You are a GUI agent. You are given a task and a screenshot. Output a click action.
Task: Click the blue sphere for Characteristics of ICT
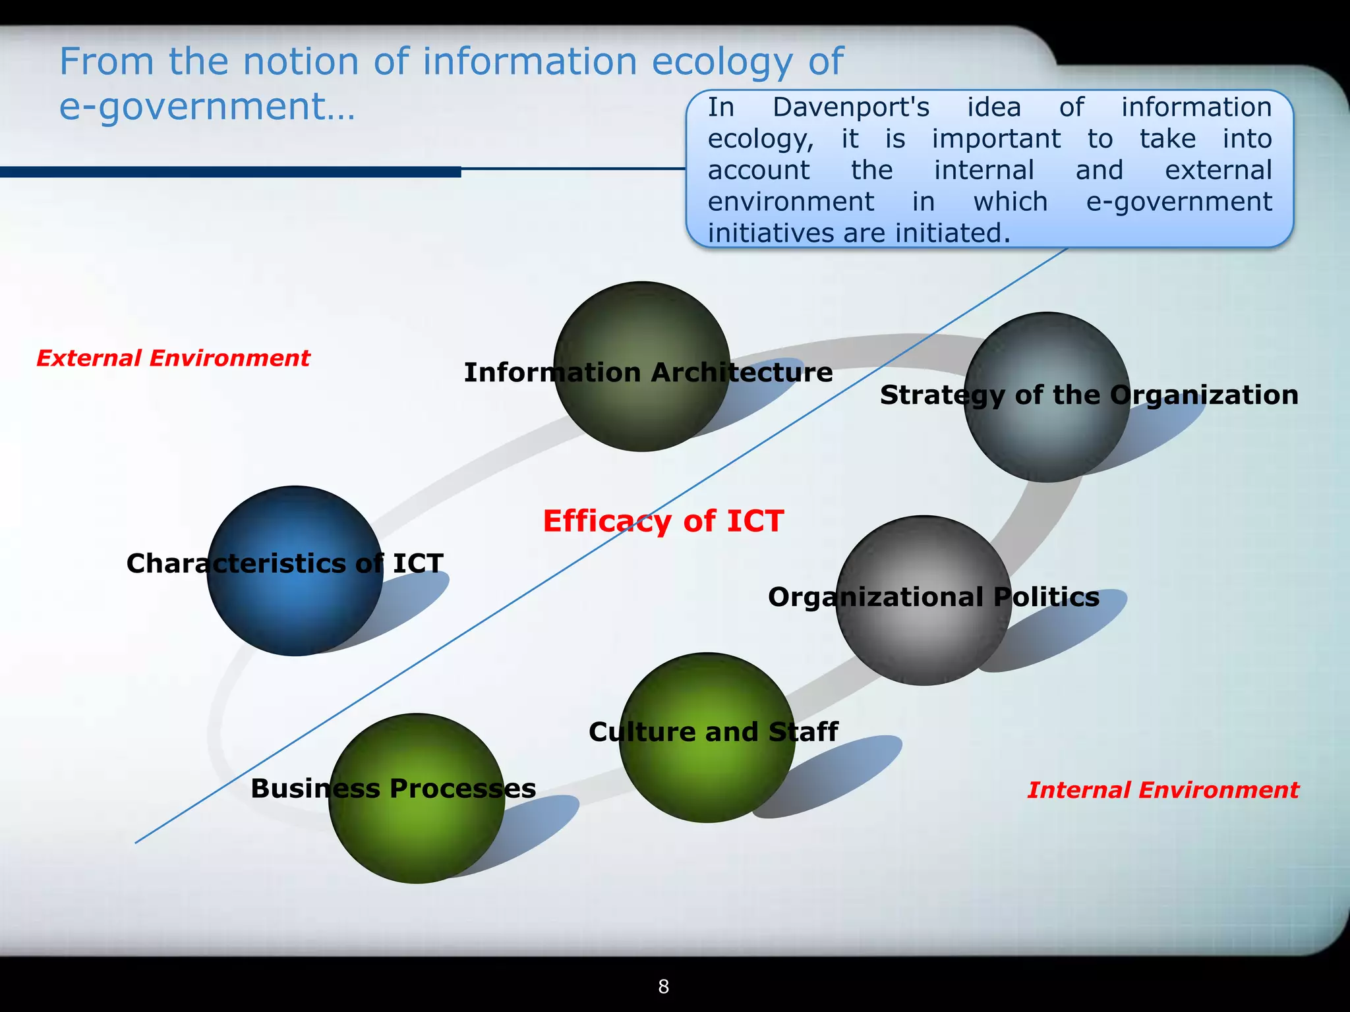(x=295, y=606)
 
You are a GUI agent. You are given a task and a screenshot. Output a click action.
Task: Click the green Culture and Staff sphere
(x=707, y=777)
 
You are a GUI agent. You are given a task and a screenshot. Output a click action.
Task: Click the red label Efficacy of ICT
(x=663, y=520)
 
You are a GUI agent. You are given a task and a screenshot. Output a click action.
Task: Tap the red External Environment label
(x=173, y=358)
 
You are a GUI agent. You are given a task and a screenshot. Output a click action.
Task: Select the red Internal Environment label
(x=1163, y=789)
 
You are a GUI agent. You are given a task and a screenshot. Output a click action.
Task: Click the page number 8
(x=664, y=986)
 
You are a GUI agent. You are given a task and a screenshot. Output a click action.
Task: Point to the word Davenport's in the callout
(x=850, y=107)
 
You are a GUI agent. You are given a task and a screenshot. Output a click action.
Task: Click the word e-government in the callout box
(x=1179, y=202)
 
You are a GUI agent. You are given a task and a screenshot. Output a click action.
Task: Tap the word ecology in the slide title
(x=722, y=63)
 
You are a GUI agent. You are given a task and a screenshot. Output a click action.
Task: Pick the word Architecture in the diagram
(x=742, y=372)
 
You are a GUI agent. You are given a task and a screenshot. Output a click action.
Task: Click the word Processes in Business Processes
(x=463, y=788)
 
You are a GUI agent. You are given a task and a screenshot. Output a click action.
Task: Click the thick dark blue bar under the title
(x=231, y=172)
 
